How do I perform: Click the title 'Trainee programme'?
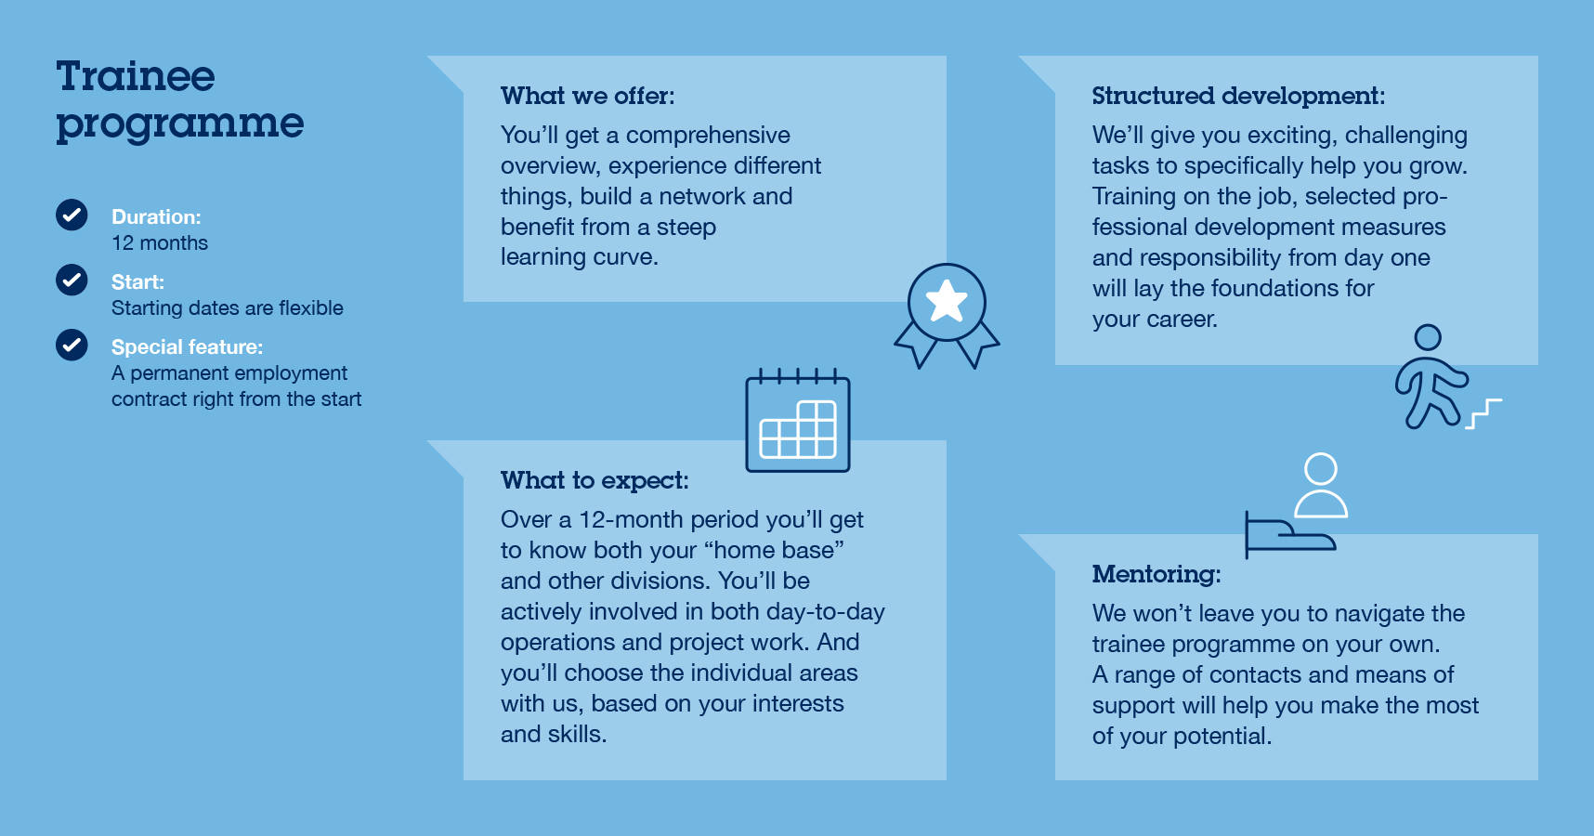click(x=180, y=100)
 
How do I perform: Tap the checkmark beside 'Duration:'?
click(x=72, y=215)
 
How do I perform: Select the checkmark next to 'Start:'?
click(x=72, y=280)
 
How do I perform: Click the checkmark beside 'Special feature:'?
click(x=72, y=345)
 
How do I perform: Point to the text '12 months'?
click(x=160, y=243)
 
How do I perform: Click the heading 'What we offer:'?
click(x=588, y=96)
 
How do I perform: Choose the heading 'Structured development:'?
click(x=1238, y=96)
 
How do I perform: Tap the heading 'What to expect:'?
click(x=594, y=480)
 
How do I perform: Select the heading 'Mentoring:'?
click(x=1156, y=574)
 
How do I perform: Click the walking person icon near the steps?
click(x=1431, y=376)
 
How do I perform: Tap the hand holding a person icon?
click(x=1296, y=506)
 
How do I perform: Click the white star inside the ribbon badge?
click(x=947, y=301)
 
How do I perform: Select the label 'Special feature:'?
click(x=188, y=347)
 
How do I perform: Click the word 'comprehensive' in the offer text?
click(x=708, y=136)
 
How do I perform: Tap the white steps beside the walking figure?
click(x=1483, y=413)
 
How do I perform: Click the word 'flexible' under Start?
click(x=310, y=308)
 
